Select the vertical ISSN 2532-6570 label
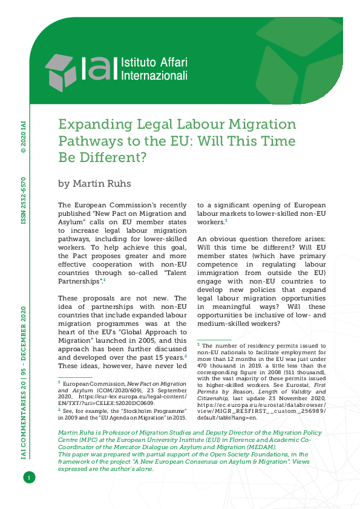[24, 201]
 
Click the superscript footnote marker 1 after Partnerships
[104, 280]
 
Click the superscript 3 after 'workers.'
[226, 221]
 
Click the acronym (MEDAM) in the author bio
[257, 447]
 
